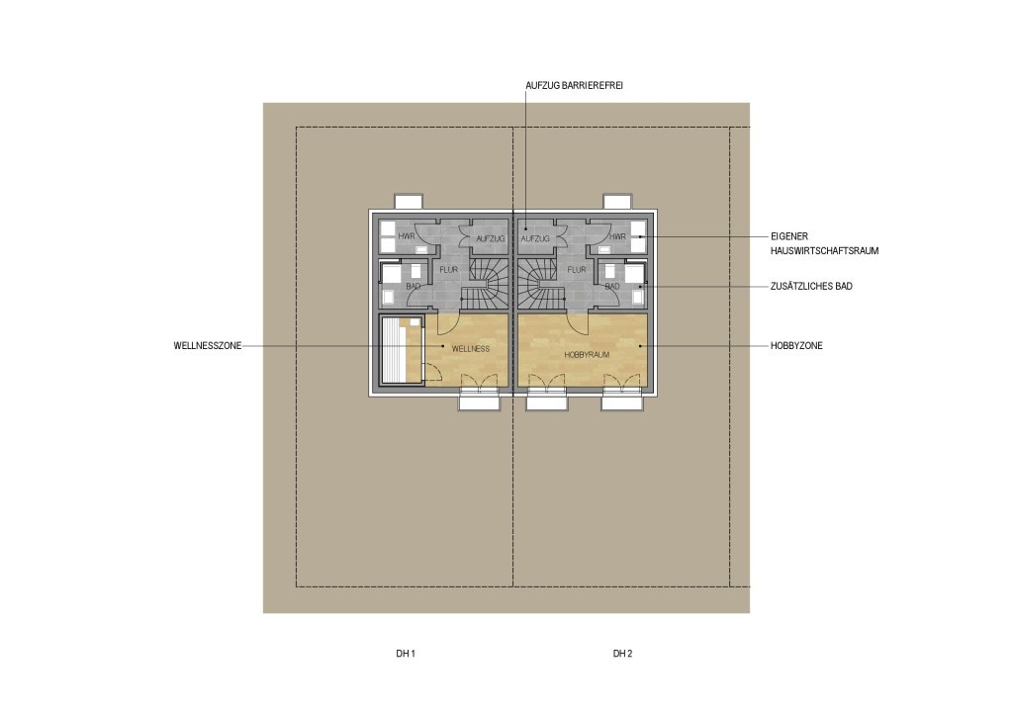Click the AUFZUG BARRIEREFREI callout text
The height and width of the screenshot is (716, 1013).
pos(574,85)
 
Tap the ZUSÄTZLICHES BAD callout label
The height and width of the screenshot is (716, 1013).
pos(811,286)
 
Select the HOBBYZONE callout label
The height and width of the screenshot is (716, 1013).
pos(796,345)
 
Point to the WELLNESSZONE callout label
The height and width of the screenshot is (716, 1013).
pos(208,345)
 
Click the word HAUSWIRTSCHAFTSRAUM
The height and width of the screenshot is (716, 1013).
pos(824,250)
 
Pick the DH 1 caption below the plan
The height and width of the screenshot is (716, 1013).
pos(405,654)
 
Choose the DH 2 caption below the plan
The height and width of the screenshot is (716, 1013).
pos(622,654)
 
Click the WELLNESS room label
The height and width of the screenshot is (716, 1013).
pos(470,349)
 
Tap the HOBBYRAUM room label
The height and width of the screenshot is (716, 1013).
pos(587,354)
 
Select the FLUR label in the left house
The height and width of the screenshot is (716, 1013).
pos(448,270)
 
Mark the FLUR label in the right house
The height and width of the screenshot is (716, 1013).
pos(577,270)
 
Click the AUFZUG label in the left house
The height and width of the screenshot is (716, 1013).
pos(491,239)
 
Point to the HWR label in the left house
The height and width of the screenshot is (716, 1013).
pos(407,236)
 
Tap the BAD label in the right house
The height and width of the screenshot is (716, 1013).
pos(611,286)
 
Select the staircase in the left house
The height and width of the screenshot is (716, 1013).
pos(485,285)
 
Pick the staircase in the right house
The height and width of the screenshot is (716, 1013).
pos(541,285)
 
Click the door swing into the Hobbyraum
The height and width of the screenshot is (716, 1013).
pos(578,322)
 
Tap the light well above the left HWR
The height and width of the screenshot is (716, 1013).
pos(410,201)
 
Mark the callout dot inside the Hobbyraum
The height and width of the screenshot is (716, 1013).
pos(640,346)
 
